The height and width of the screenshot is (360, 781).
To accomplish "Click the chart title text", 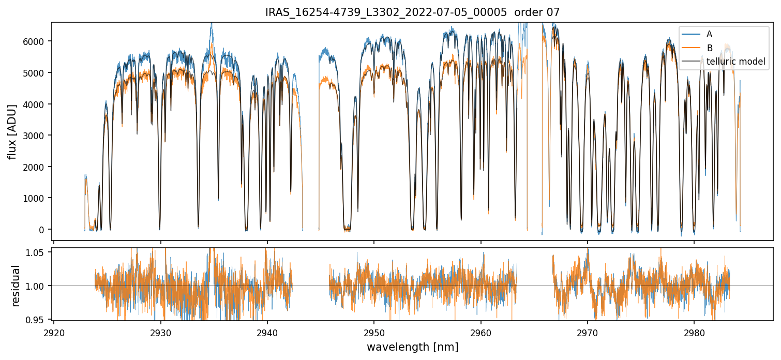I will (412, 12).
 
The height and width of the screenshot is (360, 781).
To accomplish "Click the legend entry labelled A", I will (709, 34).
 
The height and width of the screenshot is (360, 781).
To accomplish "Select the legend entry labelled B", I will (710, 48).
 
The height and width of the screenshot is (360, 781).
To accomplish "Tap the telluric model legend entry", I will (735, 62).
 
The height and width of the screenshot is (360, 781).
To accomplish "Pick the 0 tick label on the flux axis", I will (45, 230).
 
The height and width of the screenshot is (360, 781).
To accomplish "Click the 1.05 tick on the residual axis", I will (40, 252).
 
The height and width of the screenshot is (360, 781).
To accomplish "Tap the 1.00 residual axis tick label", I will (40, 286).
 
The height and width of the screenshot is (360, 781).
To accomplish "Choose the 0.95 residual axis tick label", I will (40, 320).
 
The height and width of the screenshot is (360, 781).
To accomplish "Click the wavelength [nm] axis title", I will (412, 347).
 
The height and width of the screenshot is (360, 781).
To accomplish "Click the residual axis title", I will (16, 286).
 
